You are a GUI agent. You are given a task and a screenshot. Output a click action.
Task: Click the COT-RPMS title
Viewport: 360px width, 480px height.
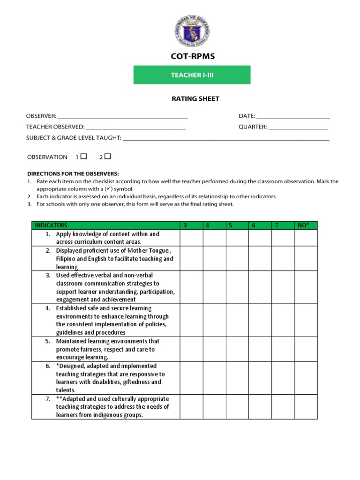pyautogui.click(x=192, y=56)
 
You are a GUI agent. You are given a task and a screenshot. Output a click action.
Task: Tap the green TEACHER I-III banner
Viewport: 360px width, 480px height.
pyautogui.click(x=192, y=75)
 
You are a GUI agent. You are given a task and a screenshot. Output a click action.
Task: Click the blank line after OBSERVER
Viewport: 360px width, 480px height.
pyautogui.click(x=122, y=116)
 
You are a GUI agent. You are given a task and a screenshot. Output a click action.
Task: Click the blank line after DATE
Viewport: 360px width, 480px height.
pyautogui.click(x=293, y=116)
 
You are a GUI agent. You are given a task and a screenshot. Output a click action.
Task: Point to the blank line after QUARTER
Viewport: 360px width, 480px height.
pyautogui.click(x=298, y=127)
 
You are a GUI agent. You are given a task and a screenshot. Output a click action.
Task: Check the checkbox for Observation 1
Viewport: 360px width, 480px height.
pyautogui.click(x=84, y=157)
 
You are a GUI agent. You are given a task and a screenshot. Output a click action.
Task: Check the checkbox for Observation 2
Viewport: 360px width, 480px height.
pyautogui.click(x=108, y=157)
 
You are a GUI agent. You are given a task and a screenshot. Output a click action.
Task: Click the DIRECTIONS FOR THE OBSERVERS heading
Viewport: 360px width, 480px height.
pyautogui.click(x=69, y=173)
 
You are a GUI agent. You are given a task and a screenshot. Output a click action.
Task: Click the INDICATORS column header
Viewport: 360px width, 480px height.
pyautogui.click(x=52, y=225)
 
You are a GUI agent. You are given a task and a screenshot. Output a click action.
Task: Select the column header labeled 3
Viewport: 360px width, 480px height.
pyautogui.click(x=185, y=225)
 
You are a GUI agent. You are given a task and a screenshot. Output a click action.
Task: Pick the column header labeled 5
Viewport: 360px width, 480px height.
pyautogui.click(x=231, y=225)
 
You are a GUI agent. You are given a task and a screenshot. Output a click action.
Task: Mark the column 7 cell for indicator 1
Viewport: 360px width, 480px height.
pyautogui.click(x=283, y=238)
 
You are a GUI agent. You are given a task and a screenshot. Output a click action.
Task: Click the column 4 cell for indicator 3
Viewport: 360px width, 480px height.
pyautogui.click(x=214, y=287)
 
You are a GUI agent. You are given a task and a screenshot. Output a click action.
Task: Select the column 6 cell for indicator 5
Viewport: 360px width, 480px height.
pyautogui.click(x=260, y=349)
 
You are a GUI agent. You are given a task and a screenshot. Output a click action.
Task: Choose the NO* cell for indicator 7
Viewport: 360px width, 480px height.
pyautogui.click(x=306, y=407)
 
